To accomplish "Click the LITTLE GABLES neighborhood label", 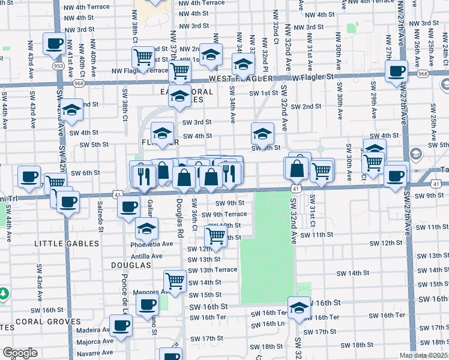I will [67, 244].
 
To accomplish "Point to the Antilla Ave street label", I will [146, 256].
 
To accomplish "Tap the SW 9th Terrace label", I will [224, 214].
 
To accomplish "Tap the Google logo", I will [20, 353].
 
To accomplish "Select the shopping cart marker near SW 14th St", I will [175, 280].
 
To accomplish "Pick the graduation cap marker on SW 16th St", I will [299, 307].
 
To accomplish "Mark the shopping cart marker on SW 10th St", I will [216, 235].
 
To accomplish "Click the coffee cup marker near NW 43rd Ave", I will [54, 43].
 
